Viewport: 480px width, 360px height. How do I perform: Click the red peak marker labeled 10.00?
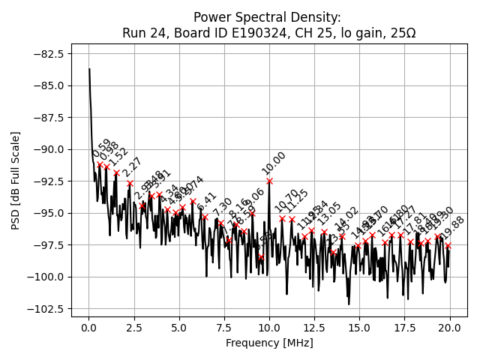(x=269, y=181)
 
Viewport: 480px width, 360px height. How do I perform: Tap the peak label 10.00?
(x=274, y=163)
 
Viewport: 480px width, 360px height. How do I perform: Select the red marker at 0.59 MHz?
(x=100, y=164)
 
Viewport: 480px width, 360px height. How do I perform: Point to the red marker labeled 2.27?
(x=130, y=183)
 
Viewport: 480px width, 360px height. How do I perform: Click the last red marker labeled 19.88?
(x=448, y=245)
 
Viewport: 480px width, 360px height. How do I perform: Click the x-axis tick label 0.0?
(x=88, y=328)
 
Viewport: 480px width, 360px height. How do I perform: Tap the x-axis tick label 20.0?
(x=450, y=328)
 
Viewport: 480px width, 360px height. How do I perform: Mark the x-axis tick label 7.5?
(x=224, y=328)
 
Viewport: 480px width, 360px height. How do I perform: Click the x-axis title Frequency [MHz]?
(x=269, y=343)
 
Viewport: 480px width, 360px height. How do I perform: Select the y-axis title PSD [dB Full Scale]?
(x=16, y=180)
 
